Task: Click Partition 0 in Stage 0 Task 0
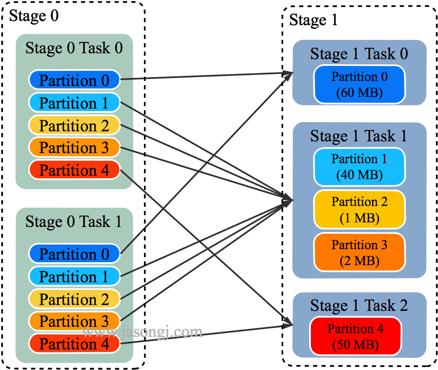tap(74, 80)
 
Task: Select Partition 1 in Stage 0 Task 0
tap(74, 103)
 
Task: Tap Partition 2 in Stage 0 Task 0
tap(74, 125)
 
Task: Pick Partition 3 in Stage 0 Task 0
tap(74, 148)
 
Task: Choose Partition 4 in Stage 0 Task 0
tap(74, 170)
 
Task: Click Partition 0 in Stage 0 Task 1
tap(74, 254)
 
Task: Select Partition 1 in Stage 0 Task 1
tap(74, 276)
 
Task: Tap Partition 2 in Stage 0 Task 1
tap(74, 299)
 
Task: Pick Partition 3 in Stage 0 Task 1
tap(74, 321)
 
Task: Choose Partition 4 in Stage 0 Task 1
tap(74, 344)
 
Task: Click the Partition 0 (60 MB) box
tap(360, 84)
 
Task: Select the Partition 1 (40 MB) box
tap(360, 167)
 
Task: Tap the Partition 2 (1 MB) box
tap(360, 210)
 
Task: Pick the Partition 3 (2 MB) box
tap(360, 253)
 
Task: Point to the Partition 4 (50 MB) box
tap(355, 336)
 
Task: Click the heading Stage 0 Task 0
tap(74, 48)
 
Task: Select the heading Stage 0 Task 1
tap(74, 221)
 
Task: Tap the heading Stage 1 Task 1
tap(359, 136)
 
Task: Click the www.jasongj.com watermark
tap(143, 332)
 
